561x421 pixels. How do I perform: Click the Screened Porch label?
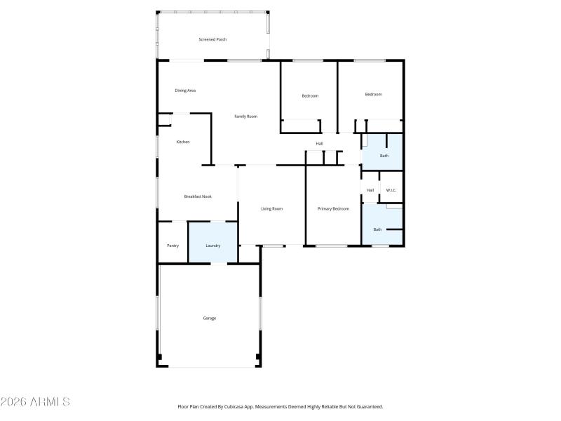point(212,39)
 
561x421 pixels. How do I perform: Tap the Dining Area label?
point(185,91)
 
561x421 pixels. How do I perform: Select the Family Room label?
point(245,116)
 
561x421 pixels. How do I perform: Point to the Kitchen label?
point(182,142)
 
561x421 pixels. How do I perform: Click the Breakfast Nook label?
point(198,196)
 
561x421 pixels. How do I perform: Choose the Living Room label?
point(271,208)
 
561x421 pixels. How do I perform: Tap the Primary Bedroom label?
point(333,208)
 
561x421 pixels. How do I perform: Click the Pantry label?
point(173,246)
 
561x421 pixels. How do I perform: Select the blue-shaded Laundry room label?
point(212,246)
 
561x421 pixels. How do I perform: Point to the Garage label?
point(209,318)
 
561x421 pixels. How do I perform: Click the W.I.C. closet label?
point(391,190)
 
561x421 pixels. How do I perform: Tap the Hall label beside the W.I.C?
point(370,190)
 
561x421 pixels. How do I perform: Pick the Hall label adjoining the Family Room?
point(319,144)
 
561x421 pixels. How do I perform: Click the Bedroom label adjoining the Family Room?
point(310,95)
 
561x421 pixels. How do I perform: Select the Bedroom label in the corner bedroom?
point(373,94)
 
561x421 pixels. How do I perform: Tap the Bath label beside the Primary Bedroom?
point(377,229)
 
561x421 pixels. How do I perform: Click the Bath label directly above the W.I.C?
point(384,156)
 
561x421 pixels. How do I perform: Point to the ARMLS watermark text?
point(35,402)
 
